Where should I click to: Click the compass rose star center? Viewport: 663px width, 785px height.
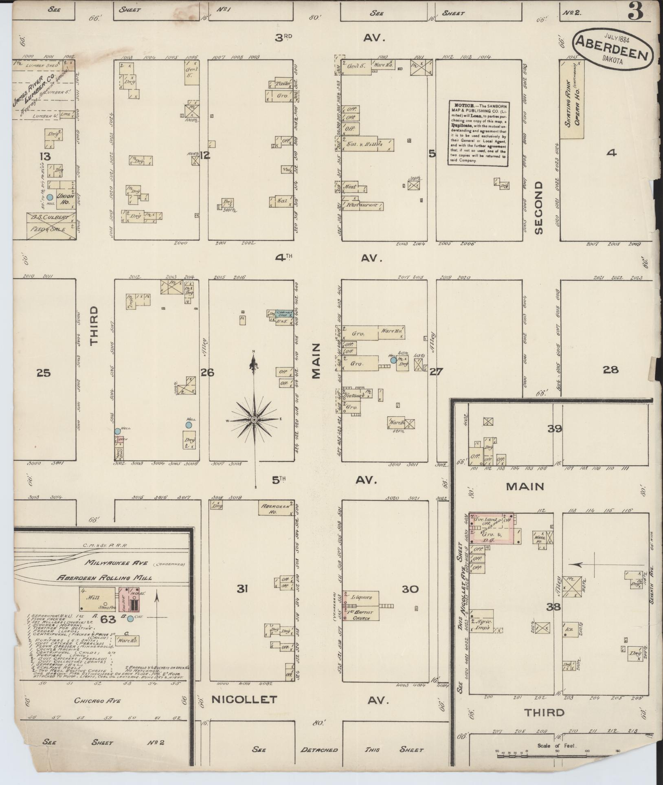click(254, 420)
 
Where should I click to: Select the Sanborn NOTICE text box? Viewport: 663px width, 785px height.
click(480, 133)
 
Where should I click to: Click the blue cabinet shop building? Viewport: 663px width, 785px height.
click(283, 314)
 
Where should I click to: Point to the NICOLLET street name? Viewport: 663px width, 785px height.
click(244, 699)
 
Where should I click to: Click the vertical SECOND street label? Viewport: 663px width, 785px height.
click(538, 208)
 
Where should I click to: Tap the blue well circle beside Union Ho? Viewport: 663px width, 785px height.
click(50, 196)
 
